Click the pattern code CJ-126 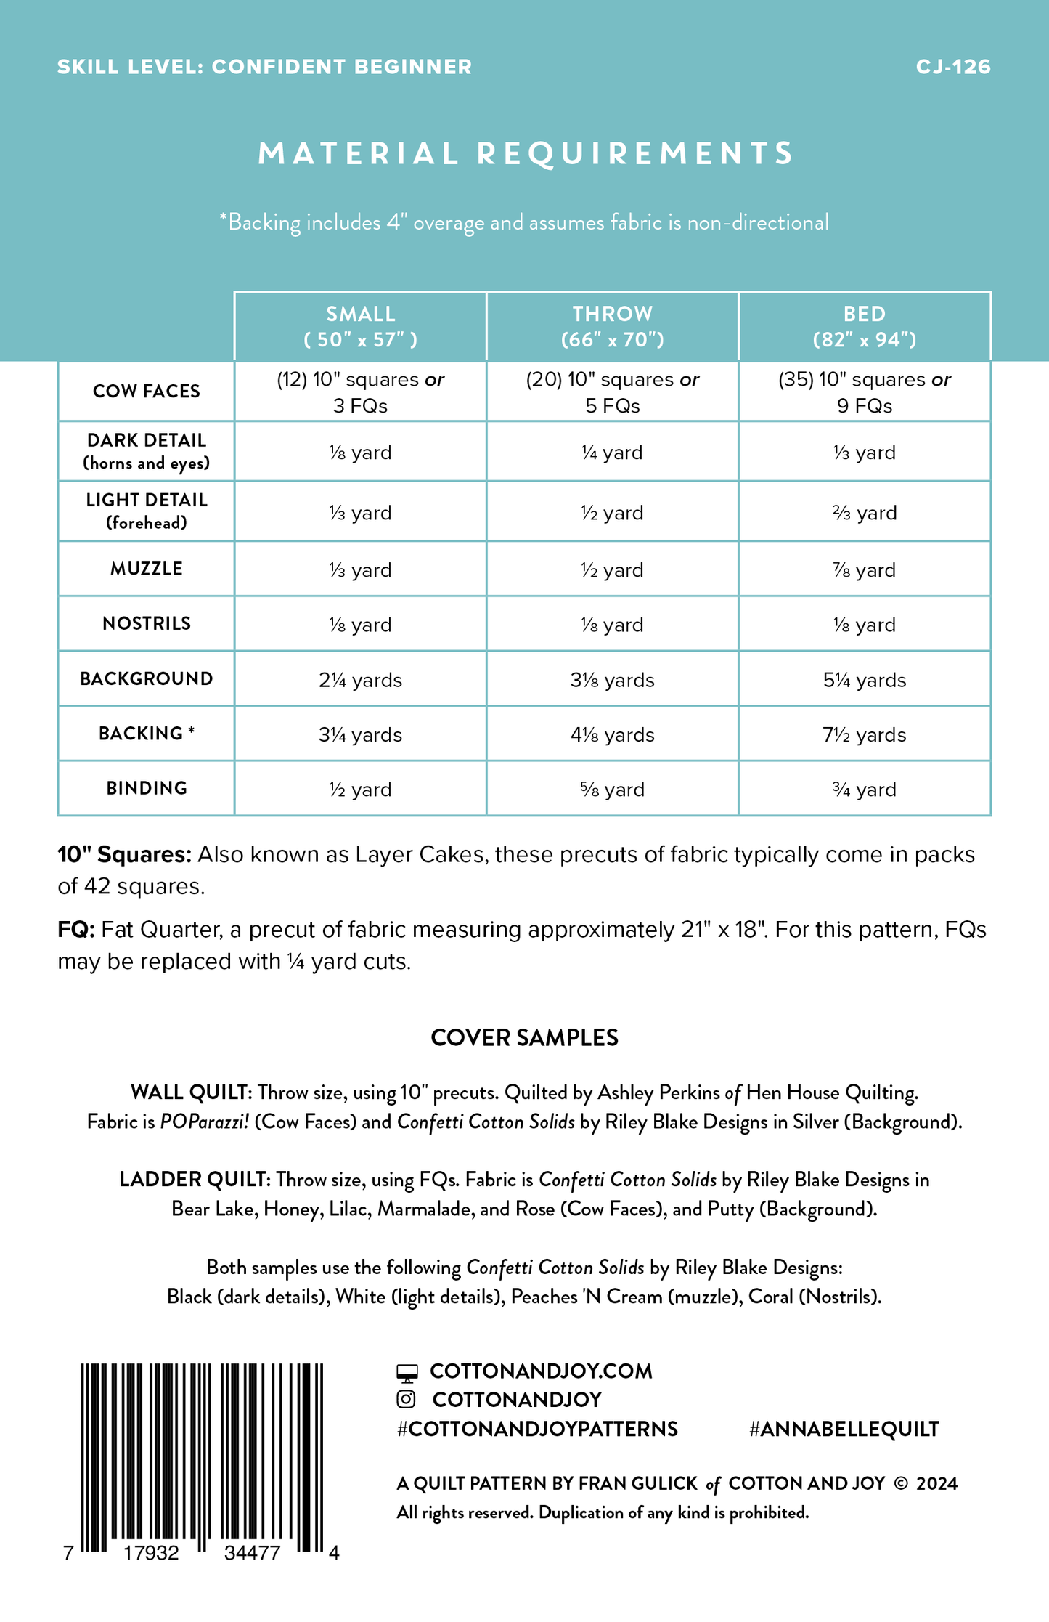click(x=952, y=67)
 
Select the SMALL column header click(x=360, y=326)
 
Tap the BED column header click(x=864, y=326)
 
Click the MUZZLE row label click(x=147, y=569)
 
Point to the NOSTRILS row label click(x=147, y=623)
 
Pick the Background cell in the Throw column click(x=612, y=680)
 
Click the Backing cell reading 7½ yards click(x=864, y=734)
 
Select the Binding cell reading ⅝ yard click(x=612, y=789)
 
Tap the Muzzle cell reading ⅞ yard click(x=864, y=570)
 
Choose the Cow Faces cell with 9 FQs click(x=864, y=392)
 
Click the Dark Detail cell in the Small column click(x=360, y=453)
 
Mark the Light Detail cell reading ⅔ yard click(x=864, y=513)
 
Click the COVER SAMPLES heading click(x=524, y=1037)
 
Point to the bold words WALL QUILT click(x=190, y=1092)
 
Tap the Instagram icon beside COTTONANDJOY click(x=407, y=1399)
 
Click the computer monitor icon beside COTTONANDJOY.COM click(x=407, y=1371)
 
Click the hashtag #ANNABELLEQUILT click(x=844, y=1429)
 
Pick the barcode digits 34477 click(x=252, y=1553)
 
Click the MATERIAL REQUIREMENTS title click(x=526, y=153)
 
